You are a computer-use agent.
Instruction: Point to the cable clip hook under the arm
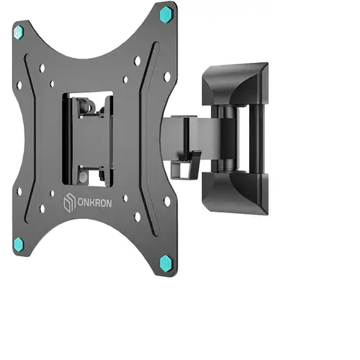186,164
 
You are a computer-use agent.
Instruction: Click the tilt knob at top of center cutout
87,107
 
